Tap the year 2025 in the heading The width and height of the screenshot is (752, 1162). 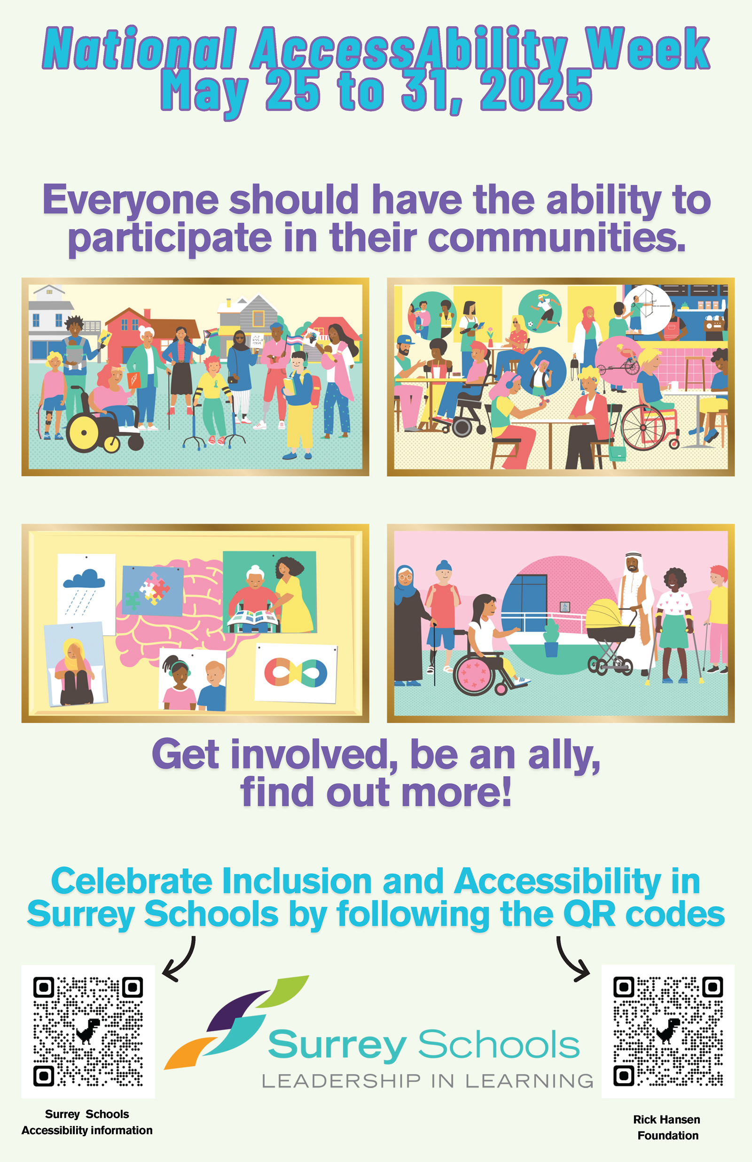pos(536,90)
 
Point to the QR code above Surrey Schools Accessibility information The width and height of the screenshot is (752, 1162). pos(88,1031)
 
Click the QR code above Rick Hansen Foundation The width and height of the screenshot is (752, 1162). pos(667,1031)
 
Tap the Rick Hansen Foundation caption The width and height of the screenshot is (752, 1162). pos(667,1127)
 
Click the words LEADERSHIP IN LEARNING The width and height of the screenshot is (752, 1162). pos(428,1082)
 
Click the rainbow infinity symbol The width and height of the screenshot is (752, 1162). pos(296,673)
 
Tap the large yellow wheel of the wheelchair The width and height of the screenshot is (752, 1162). pos(84,432)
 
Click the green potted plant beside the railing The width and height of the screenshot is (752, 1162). pos(551,637)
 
